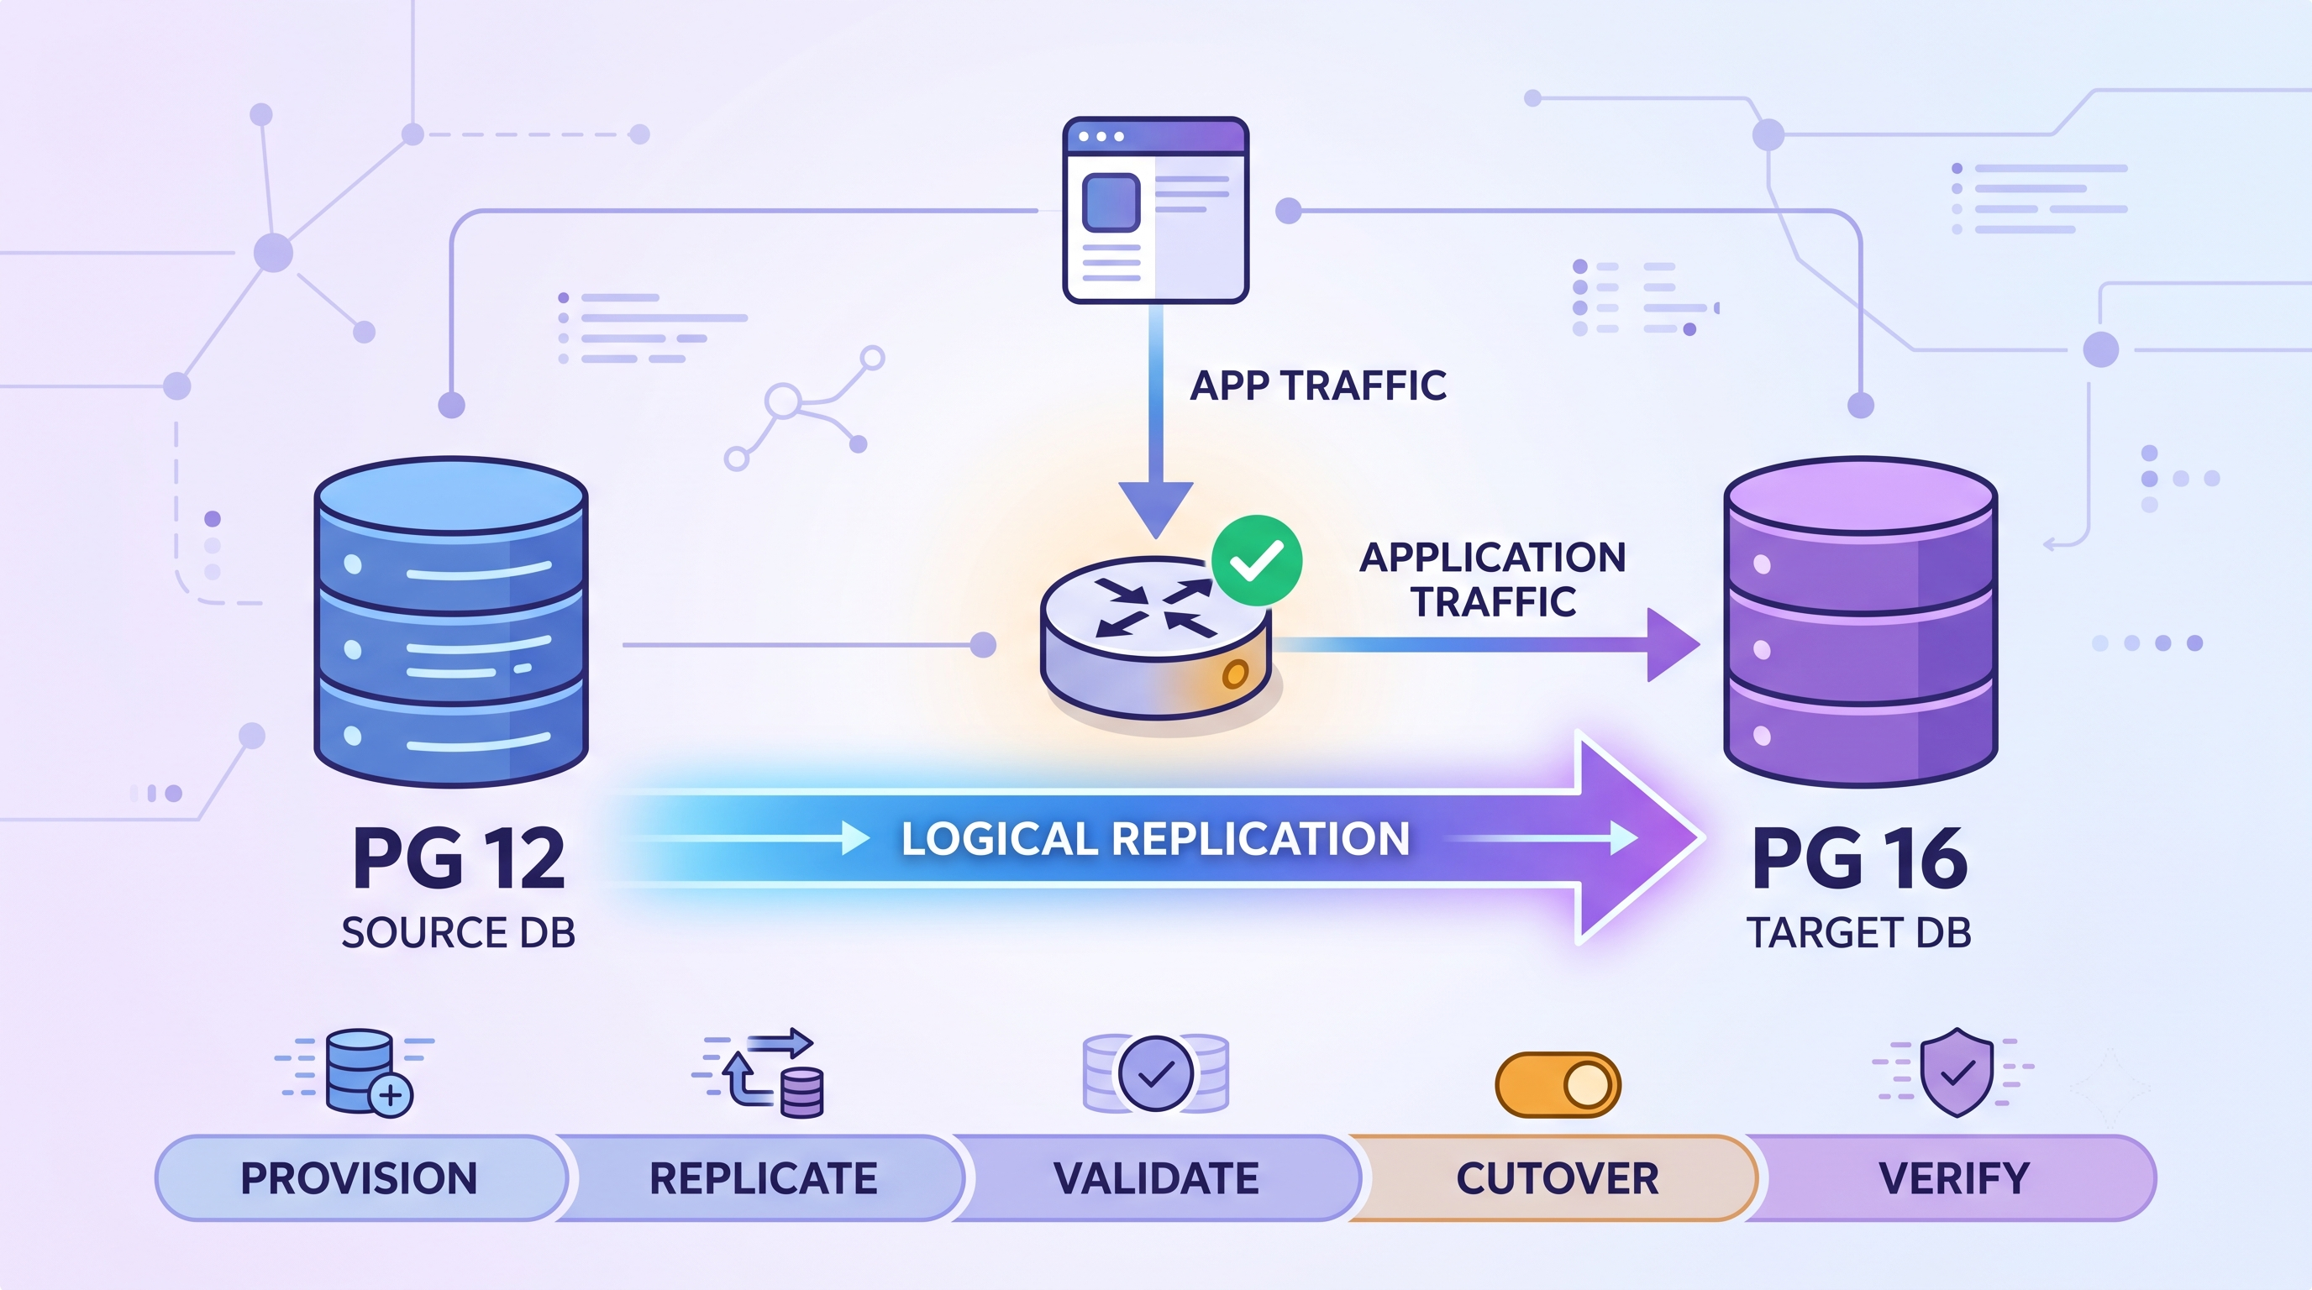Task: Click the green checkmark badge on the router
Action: [1257, 561]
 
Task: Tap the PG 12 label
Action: [459, 858]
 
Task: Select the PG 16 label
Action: [1860, 858]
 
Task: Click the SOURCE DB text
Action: [458, 933]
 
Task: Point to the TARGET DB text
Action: [1858, 933]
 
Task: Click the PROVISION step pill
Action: [360, 1177]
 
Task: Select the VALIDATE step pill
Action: [1156, 1177]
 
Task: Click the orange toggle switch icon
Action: [1558, 1084]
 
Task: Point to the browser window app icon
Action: [1156, 210]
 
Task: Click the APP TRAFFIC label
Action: [1317, 385]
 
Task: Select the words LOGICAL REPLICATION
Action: [1155, 840]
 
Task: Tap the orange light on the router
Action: [1236, 674]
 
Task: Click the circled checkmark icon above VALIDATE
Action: [1156, 1074]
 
